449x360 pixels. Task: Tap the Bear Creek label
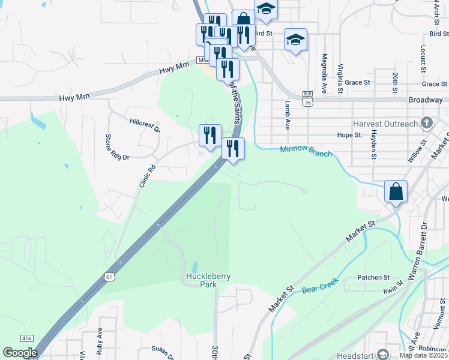tap(320, 286)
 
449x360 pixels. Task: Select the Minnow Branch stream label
tap(306, 151)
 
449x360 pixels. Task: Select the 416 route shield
tap(26, 339)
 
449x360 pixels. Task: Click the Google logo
tap(20, 353)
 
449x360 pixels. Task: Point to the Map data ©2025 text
tap(423, 355)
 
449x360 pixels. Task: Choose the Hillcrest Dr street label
tap(145, 125)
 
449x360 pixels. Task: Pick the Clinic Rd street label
tap(147, 176)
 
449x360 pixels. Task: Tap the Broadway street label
tap(426, 100)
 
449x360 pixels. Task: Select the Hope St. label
tap(349, 136)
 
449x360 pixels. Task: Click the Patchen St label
tap(373, 277)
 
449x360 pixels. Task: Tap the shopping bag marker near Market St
tap(396, 192)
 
